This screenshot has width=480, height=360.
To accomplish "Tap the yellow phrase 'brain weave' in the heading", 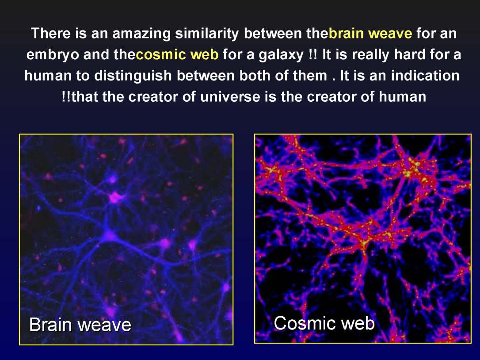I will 370,33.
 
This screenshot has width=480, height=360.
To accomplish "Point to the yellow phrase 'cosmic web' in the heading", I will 177,55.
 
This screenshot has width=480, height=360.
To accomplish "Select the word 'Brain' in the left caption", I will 50,325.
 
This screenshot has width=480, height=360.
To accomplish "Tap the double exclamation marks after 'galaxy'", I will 310,55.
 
